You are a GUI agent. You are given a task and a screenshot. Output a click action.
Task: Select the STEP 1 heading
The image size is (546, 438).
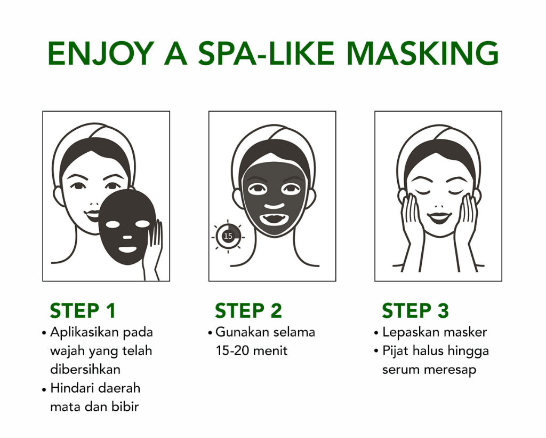click(x=83, y=310)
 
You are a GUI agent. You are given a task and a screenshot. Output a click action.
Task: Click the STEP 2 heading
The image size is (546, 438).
click(x=248, y=310)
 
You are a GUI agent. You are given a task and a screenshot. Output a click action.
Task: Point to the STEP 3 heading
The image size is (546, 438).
click(x=415, y=310)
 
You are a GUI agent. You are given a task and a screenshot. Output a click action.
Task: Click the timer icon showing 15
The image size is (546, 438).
click(x=228, y=236)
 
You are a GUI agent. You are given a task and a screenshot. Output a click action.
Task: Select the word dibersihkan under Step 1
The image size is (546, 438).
click(x=85, y=369)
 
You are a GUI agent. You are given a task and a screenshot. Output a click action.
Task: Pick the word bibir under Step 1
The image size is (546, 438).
click(x=127, y=406)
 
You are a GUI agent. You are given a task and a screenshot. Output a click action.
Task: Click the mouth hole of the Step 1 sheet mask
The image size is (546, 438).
click(x=127, y=249)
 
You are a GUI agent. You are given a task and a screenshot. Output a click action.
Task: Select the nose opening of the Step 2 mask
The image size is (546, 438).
click(x=274, y=206)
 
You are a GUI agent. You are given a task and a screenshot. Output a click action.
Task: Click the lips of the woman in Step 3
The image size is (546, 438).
click(x=439, y=218)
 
